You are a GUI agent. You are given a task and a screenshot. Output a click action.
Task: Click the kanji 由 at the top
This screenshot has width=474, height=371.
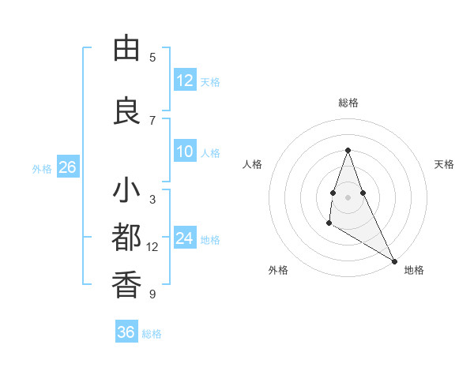(x=126, y=49)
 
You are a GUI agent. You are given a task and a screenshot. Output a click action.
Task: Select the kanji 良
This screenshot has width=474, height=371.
(x=126, y=111)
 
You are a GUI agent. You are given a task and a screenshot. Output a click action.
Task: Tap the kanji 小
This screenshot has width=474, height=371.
(x=126, y=192)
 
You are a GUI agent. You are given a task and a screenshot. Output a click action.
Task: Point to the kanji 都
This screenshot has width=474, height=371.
(x=126, y=238)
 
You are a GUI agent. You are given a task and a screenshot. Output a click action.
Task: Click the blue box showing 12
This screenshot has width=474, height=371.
(x=185, y=81)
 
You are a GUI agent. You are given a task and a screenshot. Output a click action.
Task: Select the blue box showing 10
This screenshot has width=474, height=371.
(x=185, y=152)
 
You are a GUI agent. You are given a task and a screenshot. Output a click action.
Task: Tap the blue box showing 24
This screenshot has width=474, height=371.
(x=185, y=238)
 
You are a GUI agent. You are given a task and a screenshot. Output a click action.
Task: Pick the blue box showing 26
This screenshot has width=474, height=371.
(x=67, y=167)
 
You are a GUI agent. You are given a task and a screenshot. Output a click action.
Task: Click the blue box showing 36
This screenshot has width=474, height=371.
(x=126, y=332)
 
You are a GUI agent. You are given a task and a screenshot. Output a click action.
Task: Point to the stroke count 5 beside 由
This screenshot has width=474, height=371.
(x=152, y=58)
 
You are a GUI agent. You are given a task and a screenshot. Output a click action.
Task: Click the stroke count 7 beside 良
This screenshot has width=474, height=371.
(x=152, y=120)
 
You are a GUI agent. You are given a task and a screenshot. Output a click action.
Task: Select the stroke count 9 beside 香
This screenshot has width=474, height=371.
(x=152, y=294)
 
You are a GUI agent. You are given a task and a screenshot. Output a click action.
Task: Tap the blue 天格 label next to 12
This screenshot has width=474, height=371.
(x=210, y=81)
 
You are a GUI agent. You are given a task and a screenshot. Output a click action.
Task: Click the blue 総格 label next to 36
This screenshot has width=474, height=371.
(x=152, y=334)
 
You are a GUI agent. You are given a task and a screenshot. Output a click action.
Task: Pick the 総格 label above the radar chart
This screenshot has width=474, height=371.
(x=348, y=103)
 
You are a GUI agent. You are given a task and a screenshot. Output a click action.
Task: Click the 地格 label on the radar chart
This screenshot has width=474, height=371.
(x=414, y=270)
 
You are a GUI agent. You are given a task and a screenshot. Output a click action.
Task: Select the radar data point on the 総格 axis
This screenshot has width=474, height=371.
(x=348, y=150)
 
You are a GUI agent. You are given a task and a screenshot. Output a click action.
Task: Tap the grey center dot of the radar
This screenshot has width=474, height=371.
(x=348, y=197)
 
